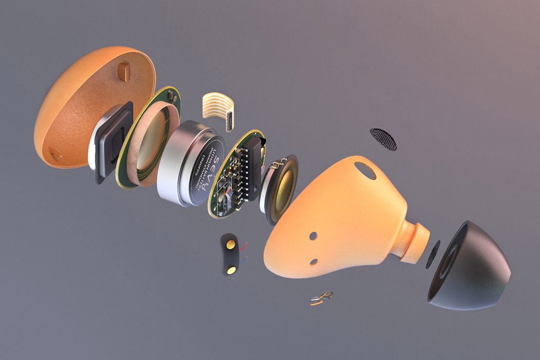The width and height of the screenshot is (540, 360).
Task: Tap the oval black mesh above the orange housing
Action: click(x=384, y=139)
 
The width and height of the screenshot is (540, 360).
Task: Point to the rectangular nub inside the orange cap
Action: click(x=124, y=70)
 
